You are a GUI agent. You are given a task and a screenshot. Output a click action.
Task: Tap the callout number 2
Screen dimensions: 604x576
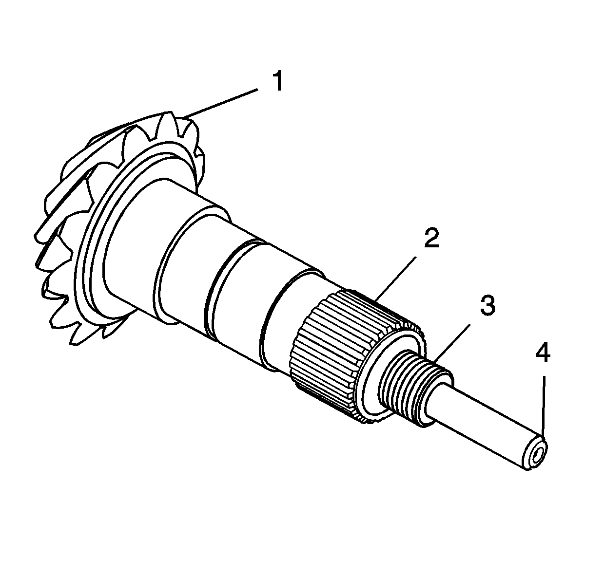pyautogui.click(x=432, y=238)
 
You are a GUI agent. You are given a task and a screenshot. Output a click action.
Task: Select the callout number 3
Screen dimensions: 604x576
pyautogui.click(x=487, y=306)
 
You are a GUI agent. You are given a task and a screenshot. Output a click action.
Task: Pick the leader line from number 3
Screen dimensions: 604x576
pyautogui.click(x=452, y=342)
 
